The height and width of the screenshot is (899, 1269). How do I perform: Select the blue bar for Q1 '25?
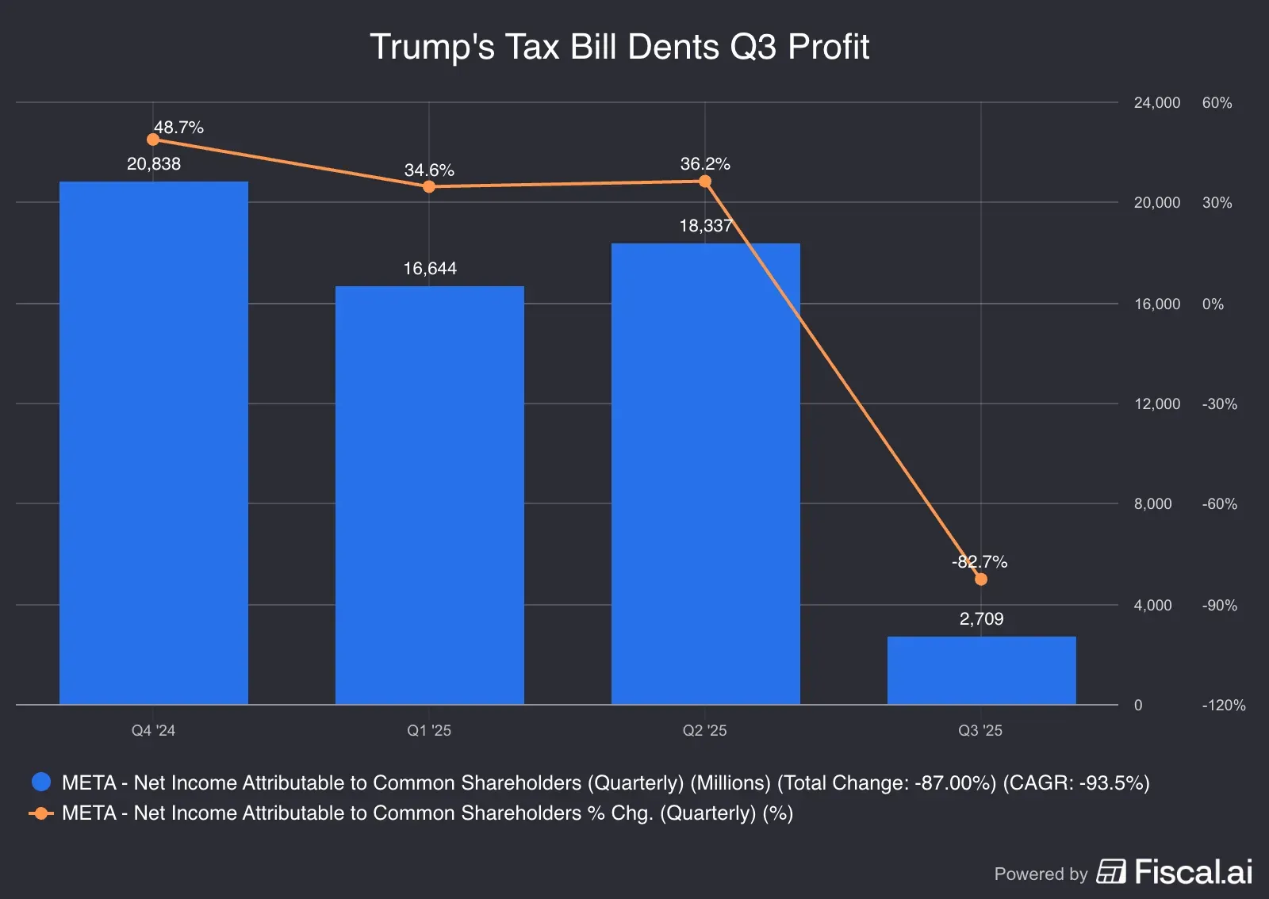point(429,495)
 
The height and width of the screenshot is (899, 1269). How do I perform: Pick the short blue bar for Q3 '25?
point(981,670)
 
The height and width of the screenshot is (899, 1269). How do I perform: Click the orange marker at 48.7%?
point(153,140)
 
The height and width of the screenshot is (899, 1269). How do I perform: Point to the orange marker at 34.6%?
point(429,187)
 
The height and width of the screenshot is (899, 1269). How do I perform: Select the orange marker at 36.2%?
point(705,182)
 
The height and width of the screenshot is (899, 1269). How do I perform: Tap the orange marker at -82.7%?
point(981,580)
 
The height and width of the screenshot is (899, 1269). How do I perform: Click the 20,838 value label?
point(154,164)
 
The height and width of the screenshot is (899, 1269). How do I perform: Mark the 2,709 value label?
point(981,619)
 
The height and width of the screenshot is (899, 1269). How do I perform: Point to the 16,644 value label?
point(430,269)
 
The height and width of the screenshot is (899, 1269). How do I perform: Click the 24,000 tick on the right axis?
point(1156,102)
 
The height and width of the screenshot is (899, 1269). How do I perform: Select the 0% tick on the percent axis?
point(1213,304)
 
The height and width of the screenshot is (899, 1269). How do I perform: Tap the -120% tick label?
point(1223,705)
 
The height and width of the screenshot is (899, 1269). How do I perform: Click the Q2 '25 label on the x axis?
point(704,730)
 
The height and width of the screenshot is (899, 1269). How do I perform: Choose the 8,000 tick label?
point(1152,503)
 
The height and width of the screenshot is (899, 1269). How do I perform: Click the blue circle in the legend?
point(41,782)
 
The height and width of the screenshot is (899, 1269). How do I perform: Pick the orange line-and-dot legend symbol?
point(41,813)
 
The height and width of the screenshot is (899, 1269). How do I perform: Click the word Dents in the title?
point(673,47)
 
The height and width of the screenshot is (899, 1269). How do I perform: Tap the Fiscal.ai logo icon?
point(1111,872)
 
